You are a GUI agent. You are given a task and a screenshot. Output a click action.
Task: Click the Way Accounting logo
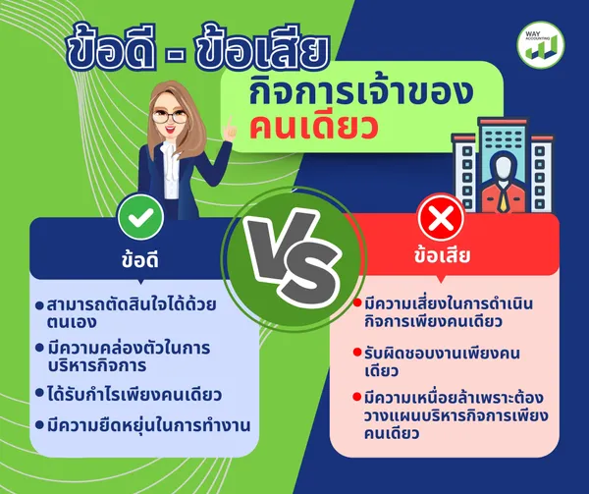(x=541, y=45)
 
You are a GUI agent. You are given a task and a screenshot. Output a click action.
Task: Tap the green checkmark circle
(x=140, y=217)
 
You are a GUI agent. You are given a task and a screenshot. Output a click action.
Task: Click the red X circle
(x=441, y=217)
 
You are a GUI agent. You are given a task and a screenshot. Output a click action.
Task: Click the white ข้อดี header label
(x=140, y=259)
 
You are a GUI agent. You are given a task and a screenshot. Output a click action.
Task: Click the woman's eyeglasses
(x=170, y=117)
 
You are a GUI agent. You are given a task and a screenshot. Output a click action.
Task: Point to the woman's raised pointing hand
(x=230, y=130)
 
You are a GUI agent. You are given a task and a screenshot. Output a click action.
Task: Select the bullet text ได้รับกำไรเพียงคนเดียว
(x=134, y=395)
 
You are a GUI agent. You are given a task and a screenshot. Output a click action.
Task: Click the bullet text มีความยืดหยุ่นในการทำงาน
(x=149, y=425)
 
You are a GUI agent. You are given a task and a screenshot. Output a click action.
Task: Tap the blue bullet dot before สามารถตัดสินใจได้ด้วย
(x=39, y=305)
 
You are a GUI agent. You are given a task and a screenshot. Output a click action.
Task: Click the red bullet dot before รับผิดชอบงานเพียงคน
(x=357, y=353)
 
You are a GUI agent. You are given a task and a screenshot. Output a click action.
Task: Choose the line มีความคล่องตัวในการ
(x=129, y=348)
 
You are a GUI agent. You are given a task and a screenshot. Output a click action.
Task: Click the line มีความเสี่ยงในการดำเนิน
(x=449, y=303)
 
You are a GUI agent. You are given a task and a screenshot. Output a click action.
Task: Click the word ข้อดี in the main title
(x=112, y=48)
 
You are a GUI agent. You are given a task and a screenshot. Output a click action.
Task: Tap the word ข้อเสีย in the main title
(x=262, y=48)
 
